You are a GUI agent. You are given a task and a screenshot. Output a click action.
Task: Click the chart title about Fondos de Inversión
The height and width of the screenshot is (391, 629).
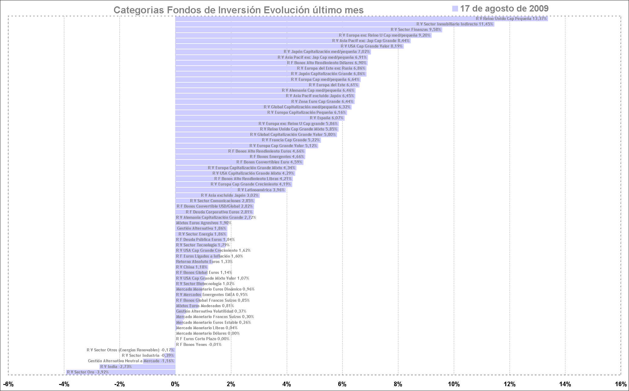238,10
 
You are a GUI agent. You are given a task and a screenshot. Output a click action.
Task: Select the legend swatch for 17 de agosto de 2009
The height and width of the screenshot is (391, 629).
455,9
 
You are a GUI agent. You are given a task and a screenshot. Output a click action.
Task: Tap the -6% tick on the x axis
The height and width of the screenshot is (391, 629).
8,384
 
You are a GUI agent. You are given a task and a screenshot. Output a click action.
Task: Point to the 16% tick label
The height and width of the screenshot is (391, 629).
621,384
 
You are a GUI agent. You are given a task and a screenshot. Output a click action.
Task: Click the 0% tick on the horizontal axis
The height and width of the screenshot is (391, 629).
175,384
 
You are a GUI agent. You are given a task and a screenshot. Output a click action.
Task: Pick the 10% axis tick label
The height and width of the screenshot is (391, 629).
454,384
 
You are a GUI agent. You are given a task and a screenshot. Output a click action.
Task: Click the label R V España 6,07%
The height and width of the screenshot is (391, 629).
326,118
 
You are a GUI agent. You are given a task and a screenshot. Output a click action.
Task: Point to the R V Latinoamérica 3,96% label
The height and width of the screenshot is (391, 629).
261,190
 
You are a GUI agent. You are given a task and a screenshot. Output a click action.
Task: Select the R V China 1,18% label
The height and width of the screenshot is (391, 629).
192,267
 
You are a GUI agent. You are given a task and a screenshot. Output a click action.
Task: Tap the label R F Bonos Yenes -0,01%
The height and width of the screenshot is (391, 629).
199,345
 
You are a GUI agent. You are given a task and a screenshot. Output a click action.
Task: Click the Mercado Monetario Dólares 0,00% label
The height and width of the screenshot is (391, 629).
208,333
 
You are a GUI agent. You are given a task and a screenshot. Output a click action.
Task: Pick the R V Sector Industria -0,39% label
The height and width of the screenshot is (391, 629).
148,356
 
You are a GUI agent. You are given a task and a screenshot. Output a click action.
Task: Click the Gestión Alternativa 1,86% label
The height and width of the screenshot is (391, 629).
202,228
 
